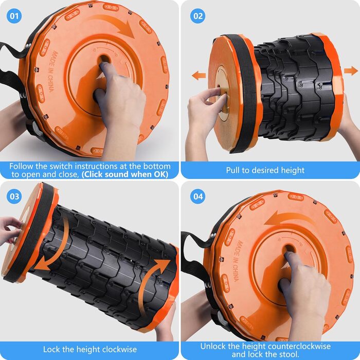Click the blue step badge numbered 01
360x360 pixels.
pyautogui.click(x=14, y=16)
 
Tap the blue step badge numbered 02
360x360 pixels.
pyautogui.click(x=197, y=16)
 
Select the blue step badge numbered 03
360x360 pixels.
pyautogui.click(x=14, y=196)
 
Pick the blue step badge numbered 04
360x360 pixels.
pyautogui.click(x=197, y=196)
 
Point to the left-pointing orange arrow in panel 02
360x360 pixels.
pyautogui.click(x=199, y=75)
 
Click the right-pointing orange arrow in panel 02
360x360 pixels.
pyautogui.click(x=351, y=70)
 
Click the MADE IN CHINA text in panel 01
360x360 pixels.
pyautogui.click(x=52, y=71)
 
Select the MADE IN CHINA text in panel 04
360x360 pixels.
pyautogui.click(x=237, y=261)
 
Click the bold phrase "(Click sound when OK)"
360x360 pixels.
pyautogui.click(x=125, y=174)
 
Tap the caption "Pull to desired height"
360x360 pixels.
pyautogui.click(x=265, y=170)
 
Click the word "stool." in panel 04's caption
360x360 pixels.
pyautogui.click(x=287, y=354)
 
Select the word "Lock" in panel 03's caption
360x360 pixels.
pyautogui.click(x=51, y=349)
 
